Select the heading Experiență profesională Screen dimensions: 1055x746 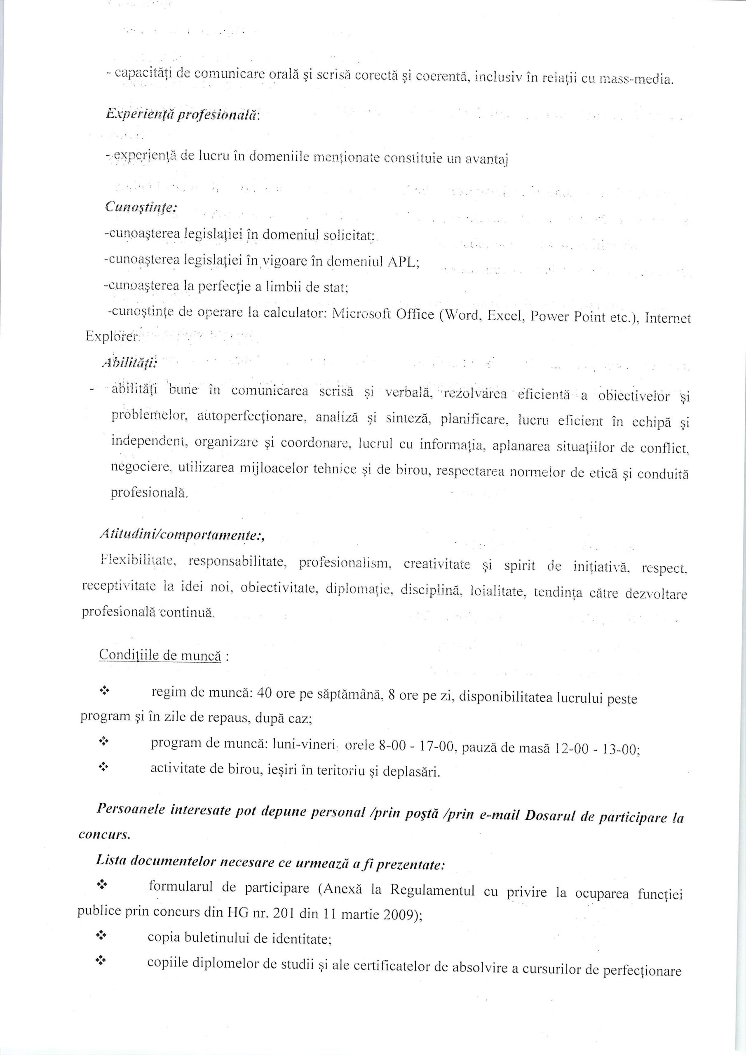(183, 115)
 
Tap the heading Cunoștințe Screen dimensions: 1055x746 (141, 207)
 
